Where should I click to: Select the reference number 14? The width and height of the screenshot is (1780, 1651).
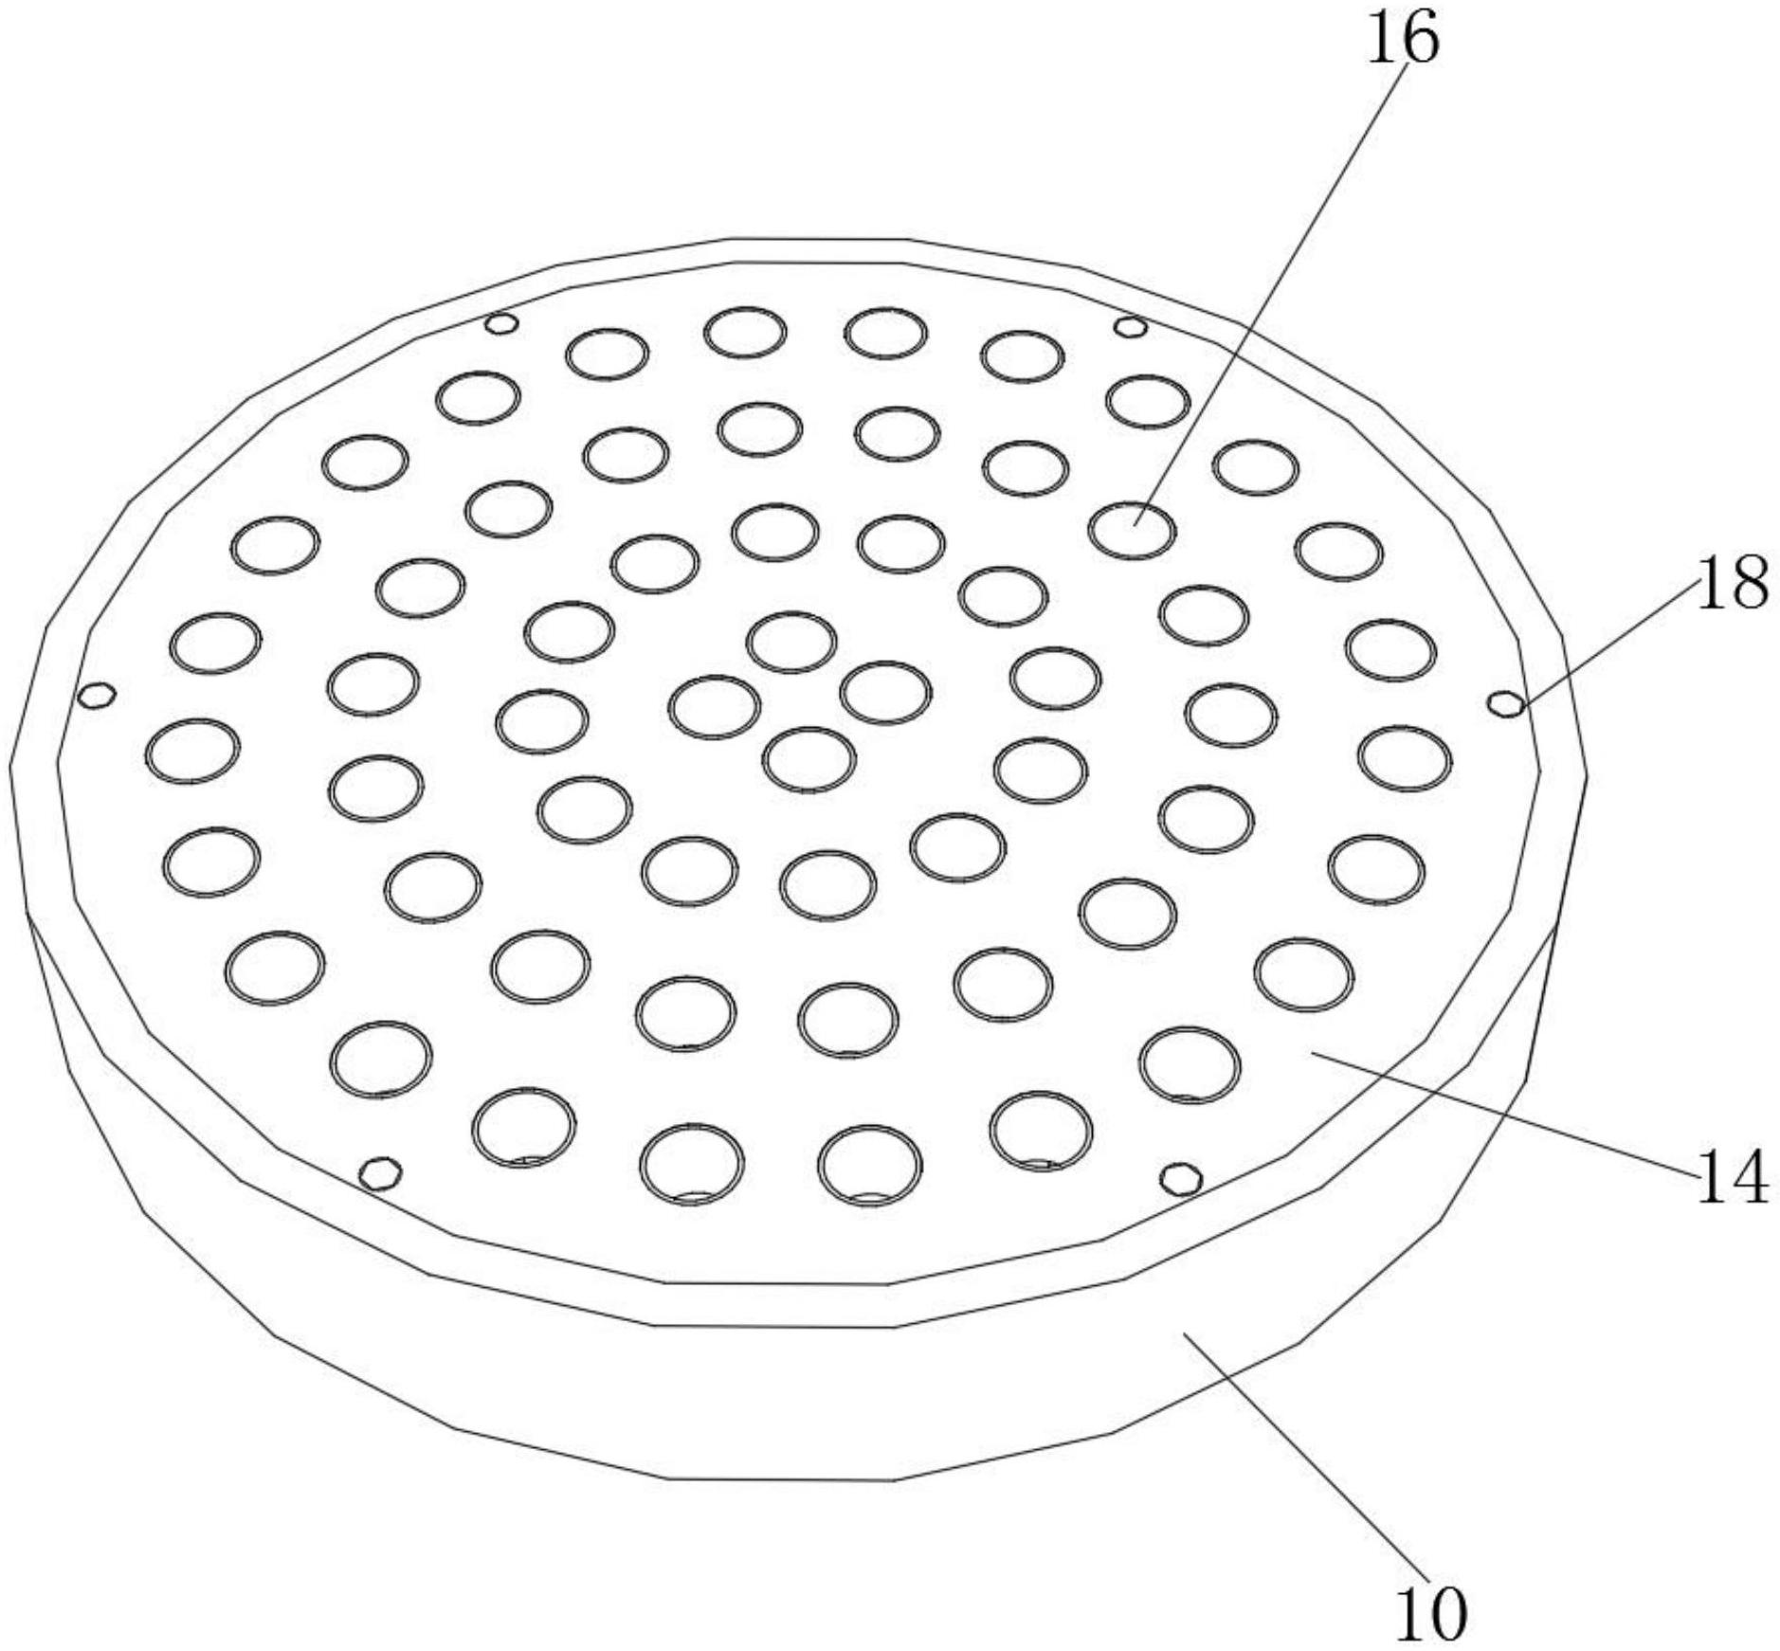coord(1731,1179)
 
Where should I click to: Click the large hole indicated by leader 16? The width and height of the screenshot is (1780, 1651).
coord(1132,530)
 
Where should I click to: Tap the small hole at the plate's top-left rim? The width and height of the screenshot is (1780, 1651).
coord(500,324)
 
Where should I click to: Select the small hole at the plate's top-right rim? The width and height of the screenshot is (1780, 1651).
coord(1130,328)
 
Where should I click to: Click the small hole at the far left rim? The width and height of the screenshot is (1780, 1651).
coord(97,696)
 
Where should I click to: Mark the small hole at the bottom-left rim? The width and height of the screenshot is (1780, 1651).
coord(381,1173)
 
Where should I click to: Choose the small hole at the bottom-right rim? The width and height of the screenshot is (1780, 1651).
coord(1182,1179)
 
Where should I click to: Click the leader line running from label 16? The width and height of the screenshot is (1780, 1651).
coord(1270,284)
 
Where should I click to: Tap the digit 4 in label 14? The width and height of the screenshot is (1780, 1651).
coord(1750,1179)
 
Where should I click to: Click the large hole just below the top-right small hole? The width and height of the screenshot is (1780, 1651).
coord(1148,402)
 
